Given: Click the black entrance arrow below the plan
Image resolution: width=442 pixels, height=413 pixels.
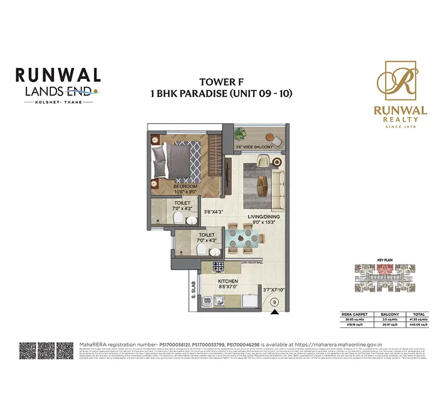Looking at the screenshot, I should tap(275, 314).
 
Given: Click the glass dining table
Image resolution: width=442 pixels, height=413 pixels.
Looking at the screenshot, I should tap(241, 239).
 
